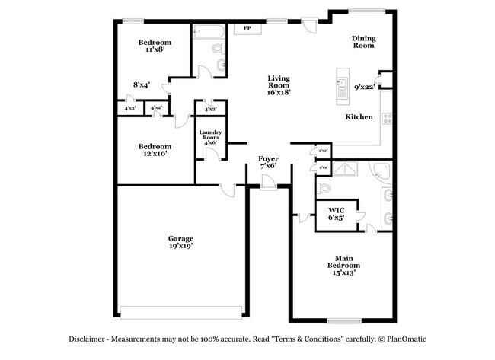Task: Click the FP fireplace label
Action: [x=247, y=29]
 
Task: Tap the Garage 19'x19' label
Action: [x=180, y=242]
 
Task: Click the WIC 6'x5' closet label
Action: [x=336, y=213]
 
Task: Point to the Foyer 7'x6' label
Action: [x=268, y=161]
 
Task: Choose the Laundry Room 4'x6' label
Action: [x=210, y=136]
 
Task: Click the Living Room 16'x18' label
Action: [x=279, y=84]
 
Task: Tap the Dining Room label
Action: [x=363, y=41]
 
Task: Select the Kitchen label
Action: [x=359, y=117]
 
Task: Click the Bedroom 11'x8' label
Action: [x=154, y=46]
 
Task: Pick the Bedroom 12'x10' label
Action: [x=154, y=149]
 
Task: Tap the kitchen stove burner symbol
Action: [x=386, y=118]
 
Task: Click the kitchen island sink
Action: [x=342, y=84]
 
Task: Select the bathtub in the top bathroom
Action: [x=208, y=32]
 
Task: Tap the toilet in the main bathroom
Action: [x=323, y=187]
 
